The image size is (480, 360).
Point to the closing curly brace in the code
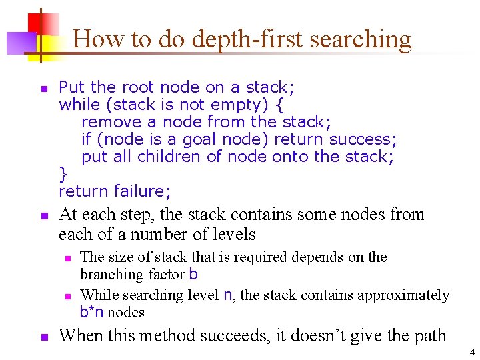(x=63, y=174)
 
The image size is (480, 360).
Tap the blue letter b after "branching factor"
(x=193, y=274)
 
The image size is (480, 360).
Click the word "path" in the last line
(x=430, y=335)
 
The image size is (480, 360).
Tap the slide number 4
(x=471, y=352)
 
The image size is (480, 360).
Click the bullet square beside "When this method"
(x=44, y=337)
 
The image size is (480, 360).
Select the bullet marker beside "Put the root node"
(x=44, y=88)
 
